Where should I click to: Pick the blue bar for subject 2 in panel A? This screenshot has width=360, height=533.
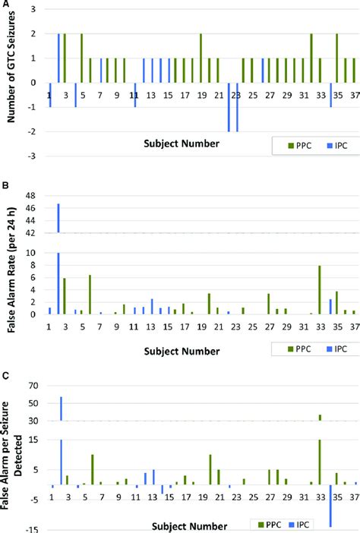[58, 58]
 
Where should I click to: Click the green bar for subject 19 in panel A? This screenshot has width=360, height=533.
[201, 58]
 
